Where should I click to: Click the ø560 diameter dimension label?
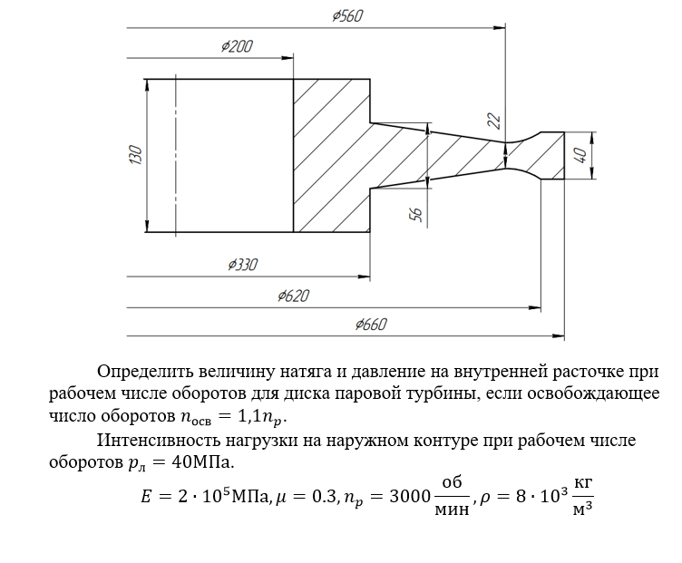click(347, 16)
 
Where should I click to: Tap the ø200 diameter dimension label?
click(237, 46)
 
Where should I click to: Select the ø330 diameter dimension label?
click(243, 265)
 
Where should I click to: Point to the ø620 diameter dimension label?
click(294, 296)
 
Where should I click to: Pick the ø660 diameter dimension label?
click(371, 325)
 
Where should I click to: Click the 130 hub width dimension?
click(136, 155)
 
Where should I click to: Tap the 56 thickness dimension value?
click(416, 214)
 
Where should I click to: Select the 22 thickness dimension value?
click(494, 121)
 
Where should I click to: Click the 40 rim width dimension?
click(580, 155)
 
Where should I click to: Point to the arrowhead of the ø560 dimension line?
click(500, 28)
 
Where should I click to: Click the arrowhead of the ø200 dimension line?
click(287, 58)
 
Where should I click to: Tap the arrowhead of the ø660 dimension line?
click(559, 335)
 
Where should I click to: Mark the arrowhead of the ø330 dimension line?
click(364, 277)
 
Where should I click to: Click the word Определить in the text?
click(144, 372)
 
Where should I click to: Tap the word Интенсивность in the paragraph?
click(159, 440)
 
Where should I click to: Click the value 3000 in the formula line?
click(410, 496)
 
